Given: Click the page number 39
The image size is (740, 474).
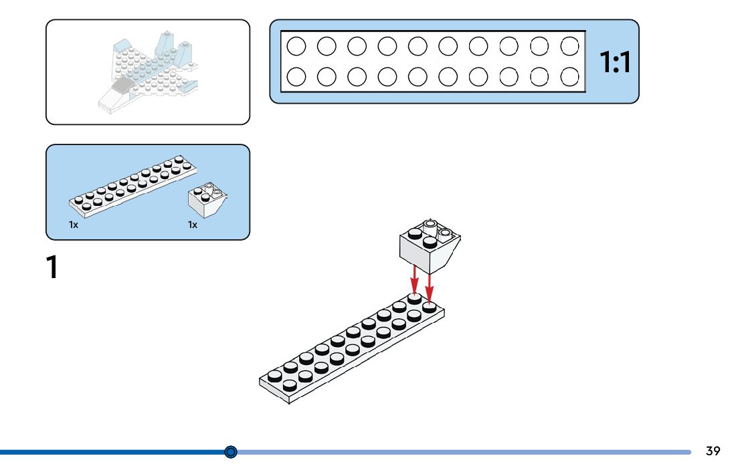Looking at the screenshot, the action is [x=713, y=451].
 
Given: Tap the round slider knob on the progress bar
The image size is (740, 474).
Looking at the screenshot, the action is [x=231, y=452].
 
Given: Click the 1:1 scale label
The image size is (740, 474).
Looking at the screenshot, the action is [x=614, y=62].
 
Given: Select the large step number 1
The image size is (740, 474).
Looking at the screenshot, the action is [x=52, y=267].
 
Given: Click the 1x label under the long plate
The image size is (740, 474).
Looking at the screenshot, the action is [x=74, y=225].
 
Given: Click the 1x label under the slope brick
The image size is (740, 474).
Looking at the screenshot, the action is [x=193, y=225].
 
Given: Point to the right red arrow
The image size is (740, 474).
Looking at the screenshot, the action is [x=429, y=286].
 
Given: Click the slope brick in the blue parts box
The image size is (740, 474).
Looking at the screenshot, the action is [x=207, y=200].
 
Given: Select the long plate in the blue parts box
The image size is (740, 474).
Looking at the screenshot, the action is [x=132, y=187].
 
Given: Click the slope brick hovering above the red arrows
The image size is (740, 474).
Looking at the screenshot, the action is [x=430, y=246].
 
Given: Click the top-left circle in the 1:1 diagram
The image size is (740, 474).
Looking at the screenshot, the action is [x=296, y=46].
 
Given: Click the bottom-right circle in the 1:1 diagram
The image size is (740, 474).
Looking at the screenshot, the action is [x=569, y=77].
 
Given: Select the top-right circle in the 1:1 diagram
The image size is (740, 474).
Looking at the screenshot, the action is [x=569, y=46].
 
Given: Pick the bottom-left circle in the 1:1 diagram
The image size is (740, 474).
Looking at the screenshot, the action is [x=296, y=77].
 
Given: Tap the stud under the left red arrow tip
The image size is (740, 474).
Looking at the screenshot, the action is [x=414, y=298].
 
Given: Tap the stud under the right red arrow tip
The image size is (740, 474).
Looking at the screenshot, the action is [x=429, y=307].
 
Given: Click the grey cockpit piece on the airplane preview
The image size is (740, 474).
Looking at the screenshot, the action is [x=122, y=85].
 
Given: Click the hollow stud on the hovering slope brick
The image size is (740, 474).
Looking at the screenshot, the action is [x=430, y=225].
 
